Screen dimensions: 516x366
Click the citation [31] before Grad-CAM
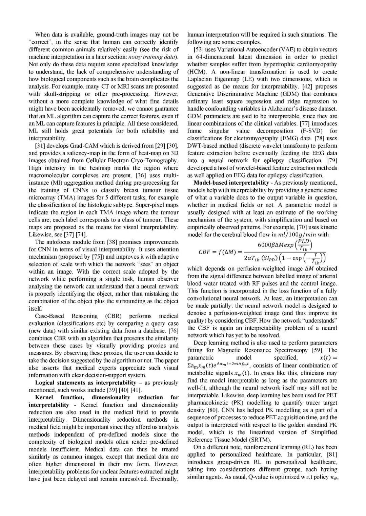[x=40, y=146]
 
